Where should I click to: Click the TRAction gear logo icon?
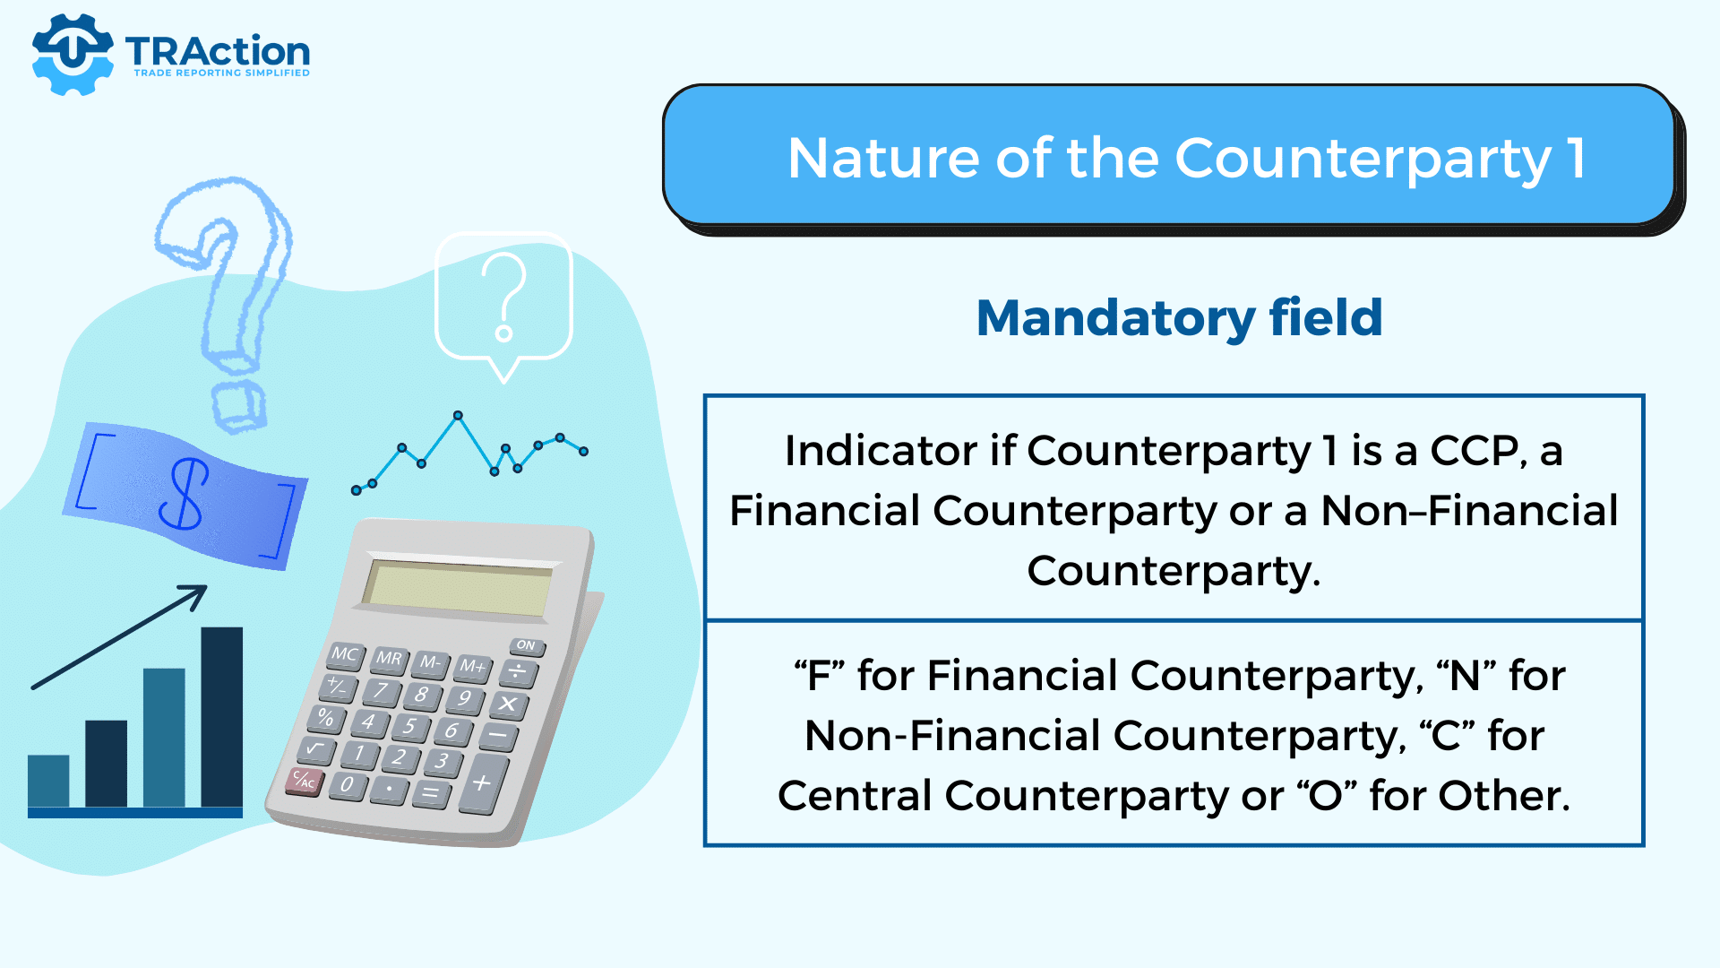pos(73,54)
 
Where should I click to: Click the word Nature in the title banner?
pos(883,159)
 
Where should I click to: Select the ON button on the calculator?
pos(527,645)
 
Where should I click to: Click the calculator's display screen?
pos(458,588)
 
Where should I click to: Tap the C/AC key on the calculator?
pos(303,781)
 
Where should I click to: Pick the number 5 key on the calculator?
pos(410,726)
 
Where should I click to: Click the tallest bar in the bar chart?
pos(221,717)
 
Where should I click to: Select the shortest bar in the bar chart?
pos(48,781)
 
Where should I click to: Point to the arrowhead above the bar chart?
pos(194,597)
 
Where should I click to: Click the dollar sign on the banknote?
pos(185,494)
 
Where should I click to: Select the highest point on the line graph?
pos(458,416)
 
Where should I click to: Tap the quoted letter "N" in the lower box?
pos(1466,675)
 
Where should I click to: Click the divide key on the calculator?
pos(518,672)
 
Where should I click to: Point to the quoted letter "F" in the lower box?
pos(819,675)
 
